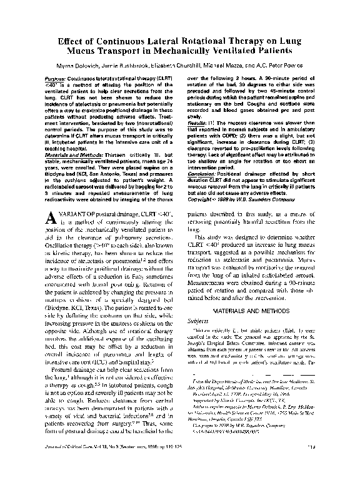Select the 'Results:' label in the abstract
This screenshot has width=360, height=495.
point(199,124)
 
